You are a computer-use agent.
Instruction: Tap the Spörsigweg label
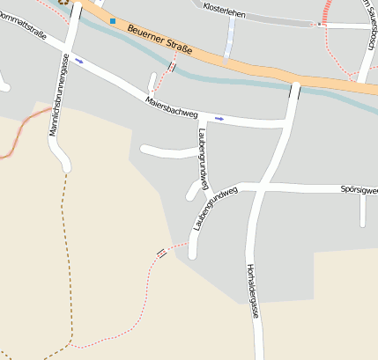click(358, 189)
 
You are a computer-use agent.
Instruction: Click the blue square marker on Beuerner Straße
click(113, 20)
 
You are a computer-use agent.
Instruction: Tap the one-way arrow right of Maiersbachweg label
click(219, 117)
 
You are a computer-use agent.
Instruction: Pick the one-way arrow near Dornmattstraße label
click(79, 61)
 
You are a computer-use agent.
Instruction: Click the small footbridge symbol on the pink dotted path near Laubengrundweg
click(161, 253)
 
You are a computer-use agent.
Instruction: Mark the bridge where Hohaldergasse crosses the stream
click(294, 91)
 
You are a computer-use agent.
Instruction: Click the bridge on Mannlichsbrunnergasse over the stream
click(73, 12)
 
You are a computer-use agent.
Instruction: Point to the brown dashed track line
click(64, 264)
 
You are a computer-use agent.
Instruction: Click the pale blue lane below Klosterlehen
click(230, 39)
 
